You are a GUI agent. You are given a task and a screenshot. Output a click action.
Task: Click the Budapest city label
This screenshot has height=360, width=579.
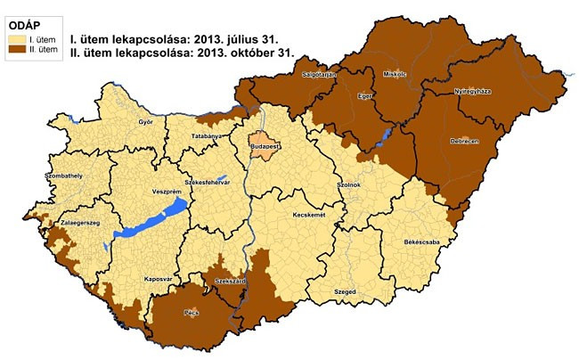click(x=265, y=144)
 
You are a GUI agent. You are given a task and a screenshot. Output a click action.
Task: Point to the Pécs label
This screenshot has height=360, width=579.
click(x=192, y=314)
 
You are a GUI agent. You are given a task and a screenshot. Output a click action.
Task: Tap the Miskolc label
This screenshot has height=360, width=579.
click(x=394, y=74)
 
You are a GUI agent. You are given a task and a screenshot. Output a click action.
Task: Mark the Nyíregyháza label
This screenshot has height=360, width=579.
click(x=473, y=91)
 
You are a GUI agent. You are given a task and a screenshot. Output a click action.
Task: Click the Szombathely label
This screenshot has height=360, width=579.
click(x=38, y=176)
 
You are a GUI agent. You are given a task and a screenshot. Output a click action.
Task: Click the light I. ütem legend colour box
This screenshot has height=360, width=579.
click(x=16, y=38)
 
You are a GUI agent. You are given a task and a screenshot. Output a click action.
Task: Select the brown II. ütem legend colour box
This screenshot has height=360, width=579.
click(x=16, y=51)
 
